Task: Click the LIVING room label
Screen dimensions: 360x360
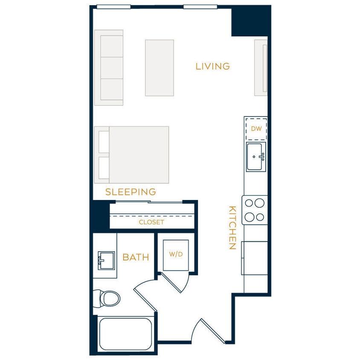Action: pos(212,67)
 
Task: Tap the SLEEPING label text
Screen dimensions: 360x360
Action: pos(131,192)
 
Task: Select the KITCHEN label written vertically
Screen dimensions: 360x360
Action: pos(232,228)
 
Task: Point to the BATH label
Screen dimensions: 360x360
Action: pos(136,257)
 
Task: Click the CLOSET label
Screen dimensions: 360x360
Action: pos(151,222)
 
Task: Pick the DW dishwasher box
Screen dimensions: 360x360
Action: pos(256,128)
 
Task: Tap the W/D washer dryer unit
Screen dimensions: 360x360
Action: pos(176,255)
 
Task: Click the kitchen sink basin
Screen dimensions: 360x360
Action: pos(255,157)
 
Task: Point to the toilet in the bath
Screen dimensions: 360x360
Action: pos(107,298)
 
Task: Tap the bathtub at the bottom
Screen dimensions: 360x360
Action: pos(125,334)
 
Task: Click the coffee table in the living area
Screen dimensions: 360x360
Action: pos(159,67)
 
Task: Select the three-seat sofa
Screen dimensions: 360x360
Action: pos(109,67)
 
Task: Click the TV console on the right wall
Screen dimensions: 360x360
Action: pos(261,67)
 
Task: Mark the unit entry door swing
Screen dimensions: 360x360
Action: pos(205,331)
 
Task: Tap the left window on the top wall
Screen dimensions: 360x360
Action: pos(113,7)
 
